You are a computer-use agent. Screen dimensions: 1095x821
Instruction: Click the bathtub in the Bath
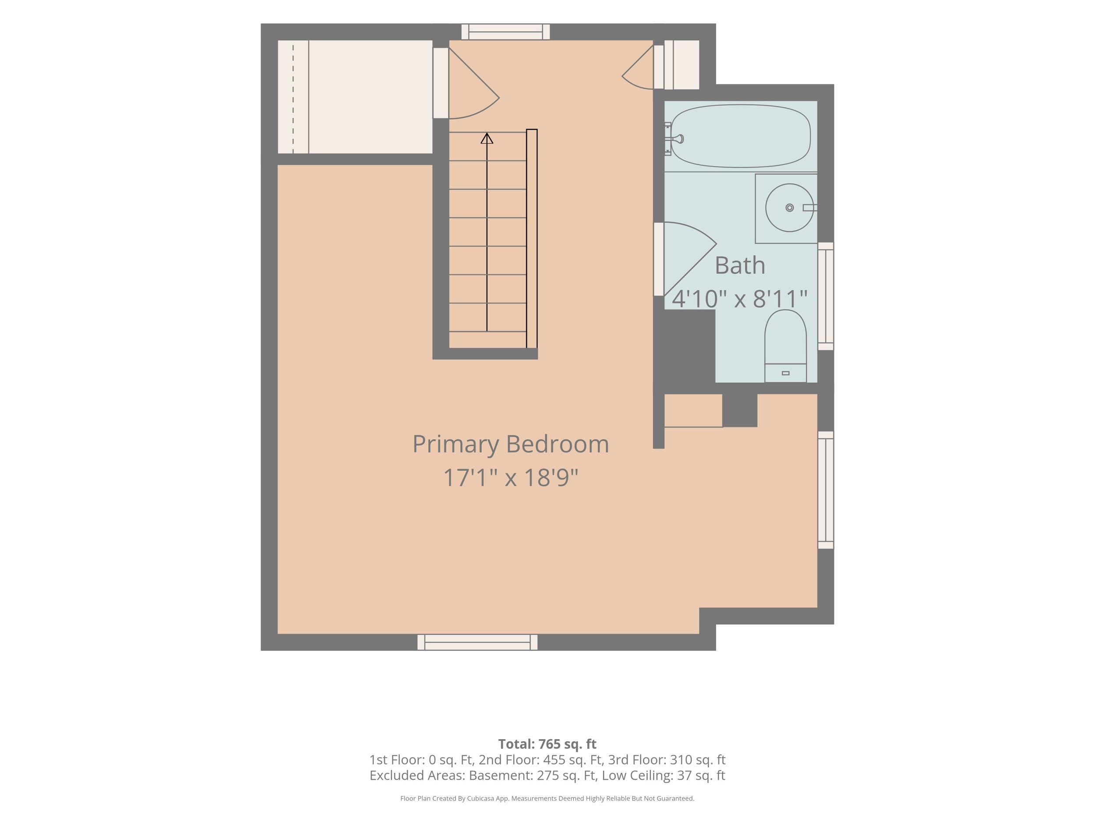[x=741, y=136]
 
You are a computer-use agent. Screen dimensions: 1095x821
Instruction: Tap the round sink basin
[x=790, y=208]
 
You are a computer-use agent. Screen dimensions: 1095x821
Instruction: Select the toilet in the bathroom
[x=786, y=346]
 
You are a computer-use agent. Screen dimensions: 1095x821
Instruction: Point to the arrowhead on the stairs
[x=487, y=138]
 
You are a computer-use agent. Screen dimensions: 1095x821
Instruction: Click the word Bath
[x=740, y=266]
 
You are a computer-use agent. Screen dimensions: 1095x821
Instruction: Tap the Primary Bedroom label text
[x=510, y=444]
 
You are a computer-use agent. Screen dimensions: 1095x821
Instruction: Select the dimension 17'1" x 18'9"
[x=510, y=478]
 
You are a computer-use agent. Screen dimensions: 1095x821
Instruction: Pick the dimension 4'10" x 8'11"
[x=740, y=299]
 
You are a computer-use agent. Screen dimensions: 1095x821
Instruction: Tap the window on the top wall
[x=505, y=32]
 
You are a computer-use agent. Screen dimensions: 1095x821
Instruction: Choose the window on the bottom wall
[x=478, y=642]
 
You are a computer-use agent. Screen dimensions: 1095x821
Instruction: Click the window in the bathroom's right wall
[x=826, y=296]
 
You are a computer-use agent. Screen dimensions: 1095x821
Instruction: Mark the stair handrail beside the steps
[x=532, y=239]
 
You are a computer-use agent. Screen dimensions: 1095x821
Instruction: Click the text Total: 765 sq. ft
[x=547, y=744]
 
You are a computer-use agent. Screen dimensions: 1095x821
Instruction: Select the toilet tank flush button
[x=786, y=373]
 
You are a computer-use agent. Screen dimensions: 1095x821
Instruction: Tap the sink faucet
[x=809, y=208]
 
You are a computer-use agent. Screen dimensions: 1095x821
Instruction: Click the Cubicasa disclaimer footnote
[x=547, y=798]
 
